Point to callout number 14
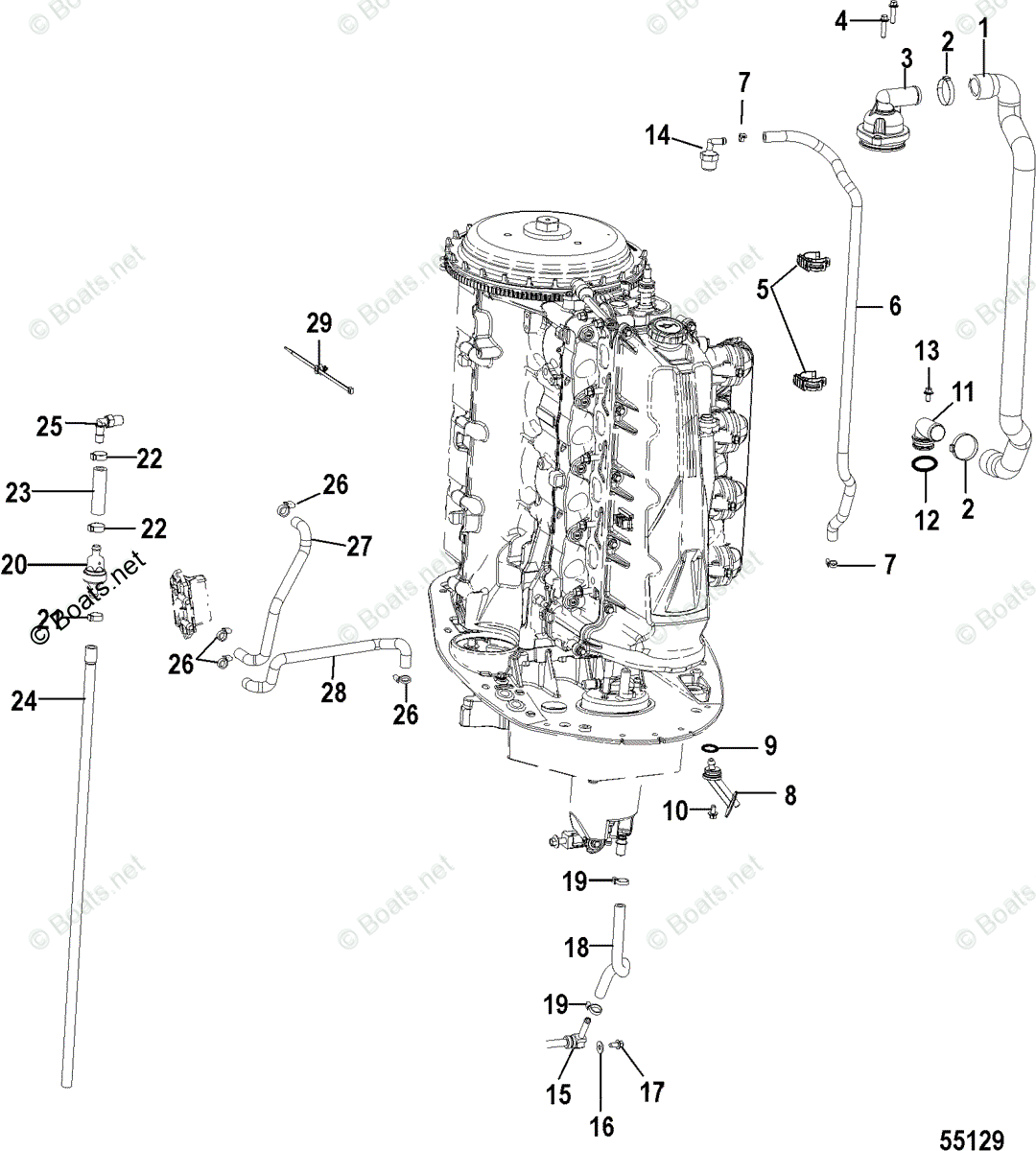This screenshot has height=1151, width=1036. [657, 136]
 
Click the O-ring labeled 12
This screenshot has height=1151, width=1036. [922, 464]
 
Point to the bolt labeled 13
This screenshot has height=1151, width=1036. [929, 389]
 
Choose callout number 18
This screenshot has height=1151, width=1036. [577, 949]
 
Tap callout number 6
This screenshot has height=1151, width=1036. [894, 306]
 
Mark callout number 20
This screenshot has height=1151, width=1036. [12, 566]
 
